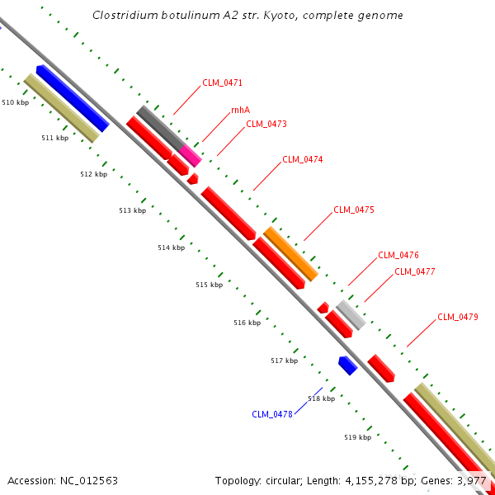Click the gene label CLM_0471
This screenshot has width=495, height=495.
pyautogui.click(x=222, y=83)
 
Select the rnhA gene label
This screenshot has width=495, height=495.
pyautogui.click(x=241, y=110)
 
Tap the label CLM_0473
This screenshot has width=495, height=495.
pyautogui.click(x=266, y=125)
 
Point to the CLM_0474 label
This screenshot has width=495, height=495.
pyautogui.click(x=303, y=160)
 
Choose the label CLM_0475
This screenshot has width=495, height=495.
pyautogui.click(x=354, y=210)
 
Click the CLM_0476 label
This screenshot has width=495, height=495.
pyautogui.click(x=398, y=256)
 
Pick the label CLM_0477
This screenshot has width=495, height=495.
pyautogui.click(x=415, y=271)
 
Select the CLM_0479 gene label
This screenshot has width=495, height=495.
pyautogui.click(x=458, y=317)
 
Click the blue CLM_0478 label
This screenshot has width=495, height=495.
pyautogui.click(x=272, y=414)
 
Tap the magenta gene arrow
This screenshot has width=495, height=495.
pyautogui.click(x=191, y=154)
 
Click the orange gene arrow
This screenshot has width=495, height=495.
pyautogui.click(x=290, y=253)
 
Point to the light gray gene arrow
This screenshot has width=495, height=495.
pyautogui.click(x=350, y=314)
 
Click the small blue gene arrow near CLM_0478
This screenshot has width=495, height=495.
pyautogui.click(x=347, y=365)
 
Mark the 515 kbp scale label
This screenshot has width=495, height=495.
pyautogui.click(x=210, y=285)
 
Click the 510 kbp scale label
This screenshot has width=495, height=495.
pyautogui.click(x=16, y=102)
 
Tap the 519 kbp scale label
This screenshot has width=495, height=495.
pyautogui.click(x=357, y=437)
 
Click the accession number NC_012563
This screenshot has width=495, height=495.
pyautogui.click(x=89, y=480)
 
